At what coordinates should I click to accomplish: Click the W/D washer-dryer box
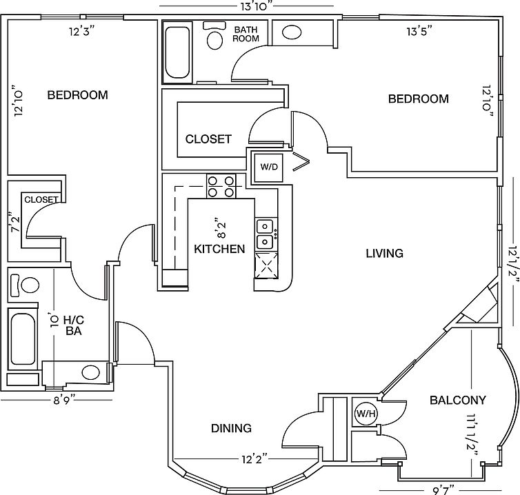(x=269, y=167)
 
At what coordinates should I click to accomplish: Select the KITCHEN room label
(x=219, y=249)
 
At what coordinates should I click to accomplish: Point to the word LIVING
(x=385, y=253)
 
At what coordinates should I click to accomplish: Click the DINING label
(x=232, y=428)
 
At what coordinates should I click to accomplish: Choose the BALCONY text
(x=458, y=400)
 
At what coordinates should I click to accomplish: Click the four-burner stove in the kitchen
(x=221, y=186)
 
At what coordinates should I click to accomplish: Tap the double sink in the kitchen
(x=266, y=234)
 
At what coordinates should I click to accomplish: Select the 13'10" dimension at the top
(x=254, y=7)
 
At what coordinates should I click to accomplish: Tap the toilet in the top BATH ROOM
(x=214, y=36)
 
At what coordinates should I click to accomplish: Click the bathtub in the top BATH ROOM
(x=177, y=52)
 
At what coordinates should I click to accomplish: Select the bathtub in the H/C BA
(x=23, y=339)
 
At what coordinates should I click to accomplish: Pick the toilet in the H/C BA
(x=25, y=285)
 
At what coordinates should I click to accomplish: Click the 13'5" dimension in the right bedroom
(x=420, y=32)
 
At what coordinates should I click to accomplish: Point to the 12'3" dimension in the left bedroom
(x=82, y=32)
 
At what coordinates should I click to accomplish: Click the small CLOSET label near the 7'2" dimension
(x=41, y=200)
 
